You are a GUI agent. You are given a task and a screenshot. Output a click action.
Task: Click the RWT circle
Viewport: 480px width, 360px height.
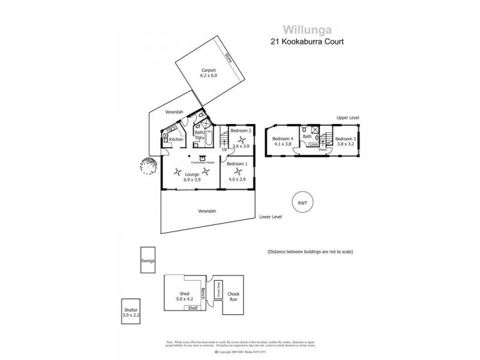pos(301,203)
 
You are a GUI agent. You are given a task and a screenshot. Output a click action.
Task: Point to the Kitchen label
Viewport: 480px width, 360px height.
pos(176,139)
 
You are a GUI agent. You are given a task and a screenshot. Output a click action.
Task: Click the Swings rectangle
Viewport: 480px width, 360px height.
pos(148,261)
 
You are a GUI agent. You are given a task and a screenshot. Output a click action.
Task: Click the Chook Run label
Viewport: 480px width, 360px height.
pos(233,296)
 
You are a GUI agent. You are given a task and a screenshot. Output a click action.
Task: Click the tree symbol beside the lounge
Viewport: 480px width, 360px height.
pos(147,163)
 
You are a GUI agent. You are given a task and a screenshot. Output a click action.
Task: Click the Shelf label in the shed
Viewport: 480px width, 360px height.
pos(193,308)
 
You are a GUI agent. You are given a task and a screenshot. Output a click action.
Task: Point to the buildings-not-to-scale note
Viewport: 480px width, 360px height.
pos(310,252)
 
